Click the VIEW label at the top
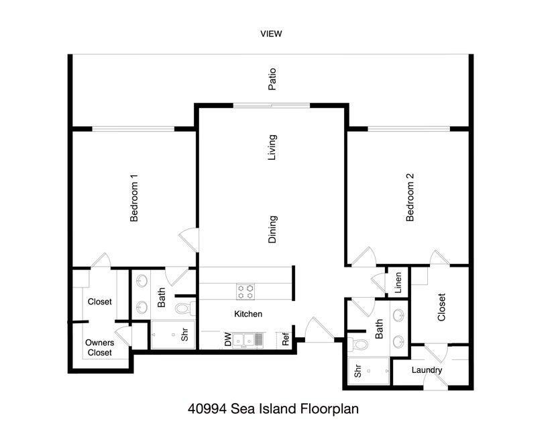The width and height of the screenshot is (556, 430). click(x=272, y=34)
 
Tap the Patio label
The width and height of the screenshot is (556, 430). click(x=272, y=79)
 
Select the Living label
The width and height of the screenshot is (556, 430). click(x=272, y=147)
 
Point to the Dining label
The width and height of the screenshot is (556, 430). click(x=272, y=229)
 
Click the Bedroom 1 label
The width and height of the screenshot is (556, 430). click(x=134, y=198)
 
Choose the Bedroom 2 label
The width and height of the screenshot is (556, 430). click(x=410, y=198)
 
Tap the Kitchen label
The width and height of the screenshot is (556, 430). click(x=248, y=314)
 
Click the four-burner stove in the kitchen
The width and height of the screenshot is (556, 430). click(x=245, y=291)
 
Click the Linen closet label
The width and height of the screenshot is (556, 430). click(x=398, y=283)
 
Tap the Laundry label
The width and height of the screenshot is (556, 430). click(x=427, y=370)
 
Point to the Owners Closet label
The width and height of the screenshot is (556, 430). click(x=99, y=347)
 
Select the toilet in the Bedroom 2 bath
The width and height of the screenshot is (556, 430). click(x=362, y=345)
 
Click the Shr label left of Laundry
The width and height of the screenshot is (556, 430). click(x=357, y=370)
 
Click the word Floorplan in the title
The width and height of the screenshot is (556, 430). click(x=335, y=408)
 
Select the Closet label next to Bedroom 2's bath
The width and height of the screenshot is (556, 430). click(x=441, y=307)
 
